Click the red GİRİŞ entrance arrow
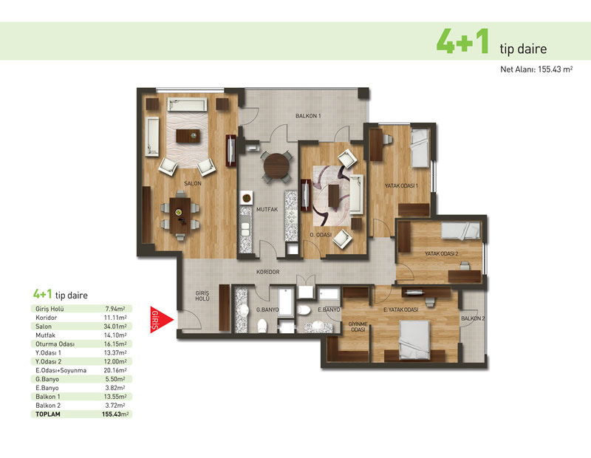(x=161, y=320)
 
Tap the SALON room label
(x=193, y=184)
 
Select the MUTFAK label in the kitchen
(x=267, y=210)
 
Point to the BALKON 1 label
(x=308, y=116)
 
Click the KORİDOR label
(x=267, y=272)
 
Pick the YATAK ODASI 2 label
(x=441, y=253)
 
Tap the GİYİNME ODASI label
(x=358, y=327)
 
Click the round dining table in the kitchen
(x=276, y=165)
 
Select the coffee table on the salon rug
(x=188, y=136)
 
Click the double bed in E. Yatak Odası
(x=414, y=340)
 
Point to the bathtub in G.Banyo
(x=287, y=302)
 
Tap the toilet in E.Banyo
(x=304, y=310)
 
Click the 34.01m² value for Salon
(x=115, y=327)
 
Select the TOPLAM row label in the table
(x=48, y=414)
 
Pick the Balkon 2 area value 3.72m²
(x=115, y=406)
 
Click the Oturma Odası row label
(x=55, y=344)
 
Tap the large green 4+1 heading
(x=462, y=41)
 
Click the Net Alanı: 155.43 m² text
(x=537, y=69)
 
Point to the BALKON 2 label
(x=473, y=318)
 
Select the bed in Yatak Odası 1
(x=420, y=148)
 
